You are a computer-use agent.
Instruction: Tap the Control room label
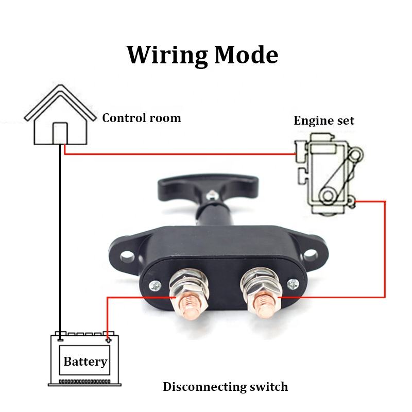142,118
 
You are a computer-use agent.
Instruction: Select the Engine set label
324,121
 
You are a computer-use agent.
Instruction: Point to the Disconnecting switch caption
225,387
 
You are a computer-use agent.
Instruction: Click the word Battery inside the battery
85,362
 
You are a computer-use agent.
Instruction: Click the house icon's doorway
60,133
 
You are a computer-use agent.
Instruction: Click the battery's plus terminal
108,339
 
